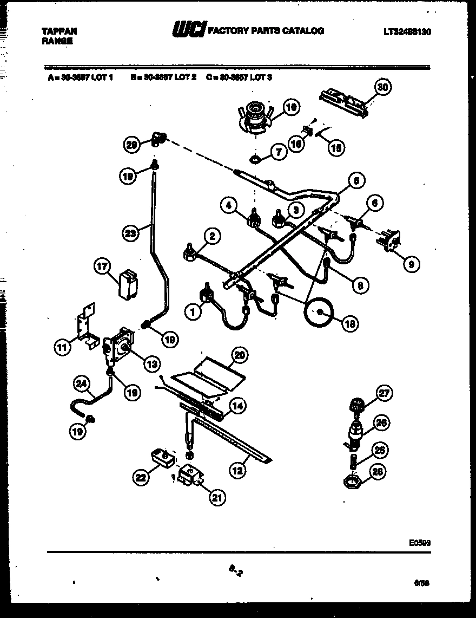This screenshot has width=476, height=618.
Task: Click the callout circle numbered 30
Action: (382, 87)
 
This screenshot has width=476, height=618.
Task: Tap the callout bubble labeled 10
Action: (291, 107)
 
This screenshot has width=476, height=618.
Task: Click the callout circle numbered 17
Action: (102, 266)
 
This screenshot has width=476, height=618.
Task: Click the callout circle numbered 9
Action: (411, 264)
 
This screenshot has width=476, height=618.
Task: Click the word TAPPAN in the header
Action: (59, 31)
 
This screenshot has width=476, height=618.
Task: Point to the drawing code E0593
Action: (420, 541)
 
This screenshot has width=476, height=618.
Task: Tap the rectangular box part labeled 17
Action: (128, 284)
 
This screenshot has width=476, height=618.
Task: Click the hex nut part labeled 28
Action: (353, 481)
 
